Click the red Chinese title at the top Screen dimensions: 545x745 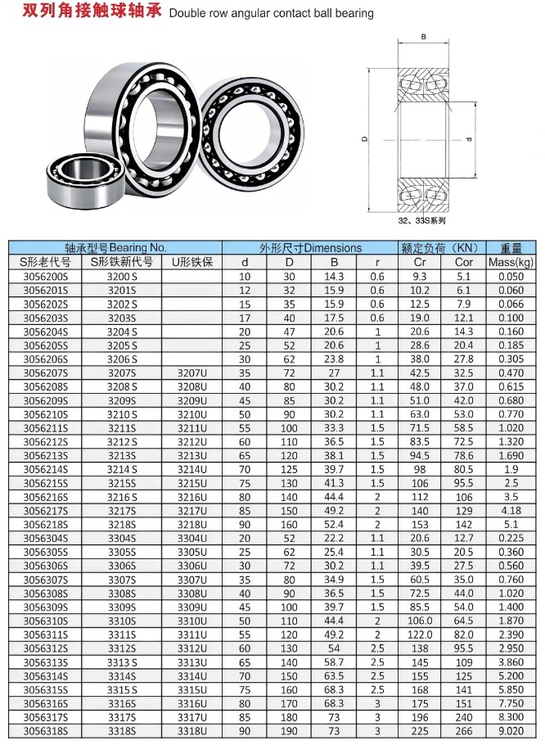pos(92,11)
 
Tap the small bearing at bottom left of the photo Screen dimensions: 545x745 pos(85,180)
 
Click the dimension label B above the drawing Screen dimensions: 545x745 pos(423,37)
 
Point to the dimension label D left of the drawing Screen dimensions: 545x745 pos(365,138)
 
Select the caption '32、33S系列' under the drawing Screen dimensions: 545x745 pos(421,220)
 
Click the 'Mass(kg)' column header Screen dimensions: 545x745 pos(511,262)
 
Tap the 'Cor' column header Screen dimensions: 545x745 pos(463,262)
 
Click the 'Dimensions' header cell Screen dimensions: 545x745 pos(310,248)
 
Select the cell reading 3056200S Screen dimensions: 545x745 pos(46,277)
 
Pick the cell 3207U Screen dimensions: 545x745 pos(192,373)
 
